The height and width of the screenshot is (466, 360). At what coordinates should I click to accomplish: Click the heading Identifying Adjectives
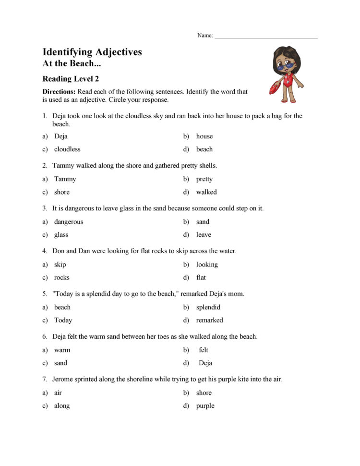92,52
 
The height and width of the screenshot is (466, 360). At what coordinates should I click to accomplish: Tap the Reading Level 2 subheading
71,79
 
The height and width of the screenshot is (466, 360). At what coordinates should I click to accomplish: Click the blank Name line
266,37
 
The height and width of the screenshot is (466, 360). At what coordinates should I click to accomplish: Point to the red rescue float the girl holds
276,88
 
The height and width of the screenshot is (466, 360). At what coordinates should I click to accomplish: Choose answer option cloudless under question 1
67,149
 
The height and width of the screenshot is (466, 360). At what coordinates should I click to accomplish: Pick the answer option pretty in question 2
204,179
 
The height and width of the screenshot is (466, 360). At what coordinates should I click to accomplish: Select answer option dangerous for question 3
69,222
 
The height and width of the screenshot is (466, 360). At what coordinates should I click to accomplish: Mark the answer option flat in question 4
201,278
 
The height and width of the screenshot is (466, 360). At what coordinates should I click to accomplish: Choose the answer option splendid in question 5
208,307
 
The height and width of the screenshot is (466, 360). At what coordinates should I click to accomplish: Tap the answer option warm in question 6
62,350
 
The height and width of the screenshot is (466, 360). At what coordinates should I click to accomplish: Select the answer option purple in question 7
205,406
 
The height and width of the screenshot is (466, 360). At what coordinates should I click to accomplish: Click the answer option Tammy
65,179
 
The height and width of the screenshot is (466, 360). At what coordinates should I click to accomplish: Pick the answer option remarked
209,320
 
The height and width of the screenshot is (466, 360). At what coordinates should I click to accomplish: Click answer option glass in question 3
61,235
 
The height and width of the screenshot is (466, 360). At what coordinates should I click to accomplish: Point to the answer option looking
207,265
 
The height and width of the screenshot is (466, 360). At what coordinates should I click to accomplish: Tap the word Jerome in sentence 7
63,380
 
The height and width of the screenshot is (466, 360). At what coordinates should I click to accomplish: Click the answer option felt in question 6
204,350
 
